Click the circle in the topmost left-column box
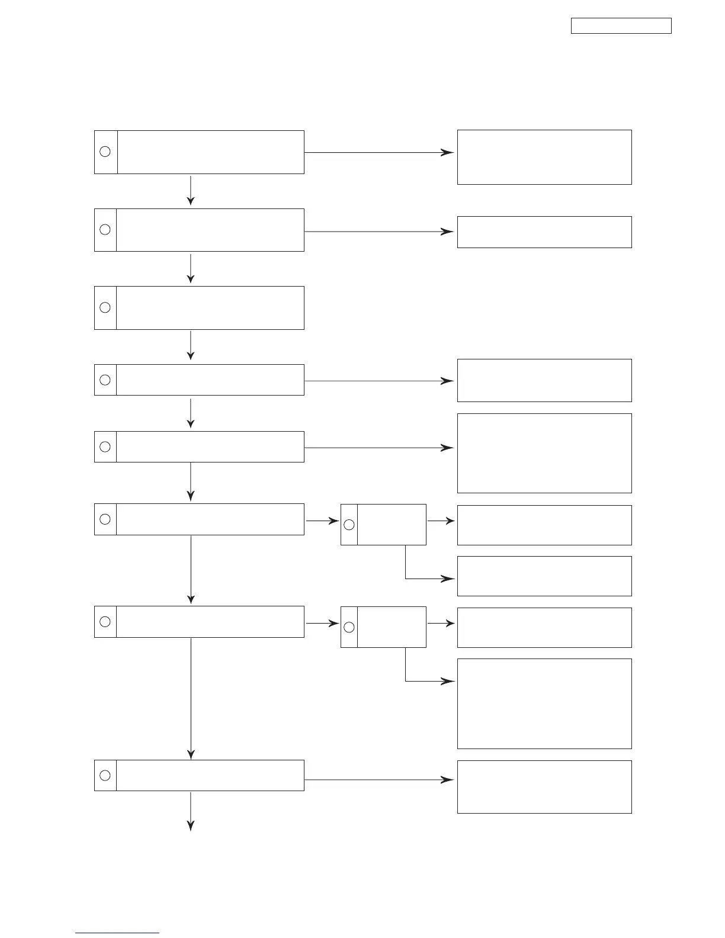click(x=105, y=152)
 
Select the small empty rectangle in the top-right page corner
click(x=621, y=26)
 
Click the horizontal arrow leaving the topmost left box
click(x=379, y=152)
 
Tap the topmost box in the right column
click(x=544, y=157)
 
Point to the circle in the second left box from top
click(x=105, y=229)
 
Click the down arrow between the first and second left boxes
click(x=191, y=191)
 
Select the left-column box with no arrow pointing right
click(x=199, y=308)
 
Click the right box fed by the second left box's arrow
click(x=544, y=232)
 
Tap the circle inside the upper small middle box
click(x=349, y=525)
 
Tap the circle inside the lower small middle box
click(x=349, y=627)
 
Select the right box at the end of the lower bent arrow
click(x=544, y=703)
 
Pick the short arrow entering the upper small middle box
click(x=322, y=521)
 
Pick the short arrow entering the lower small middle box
click(x=322, y=624)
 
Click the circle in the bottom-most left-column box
click(x=105, y=775)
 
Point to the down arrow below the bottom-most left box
click(x=191, y=811)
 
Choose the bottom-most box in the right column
click(x=544, y=786)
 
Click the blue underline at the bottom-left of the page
click(x=117, y=933)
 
